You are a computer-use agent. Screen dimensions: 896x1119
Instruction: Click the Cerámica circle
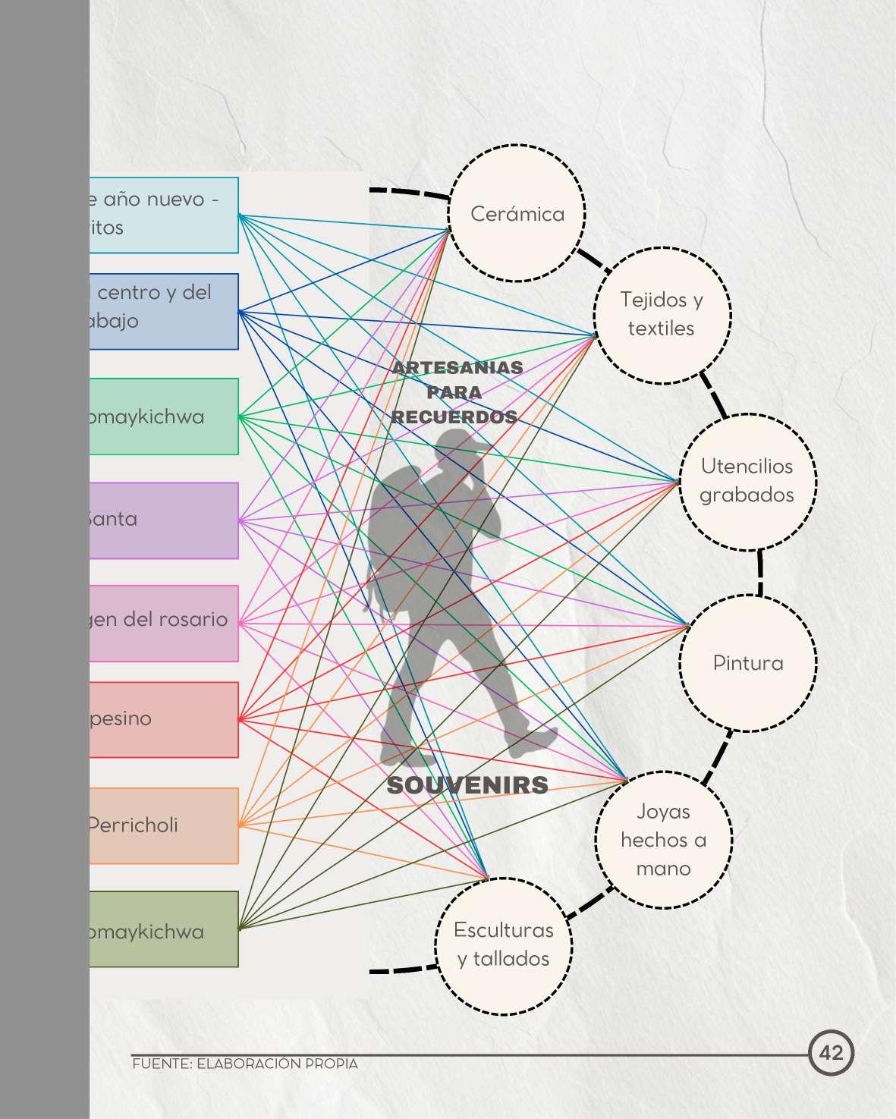click(517, 213)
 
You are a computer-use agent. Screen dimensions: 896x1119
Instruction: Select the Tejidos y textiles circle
click(662, 314)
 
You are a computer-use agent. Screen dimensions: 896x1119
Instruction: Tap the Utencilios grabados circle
click(747, 481)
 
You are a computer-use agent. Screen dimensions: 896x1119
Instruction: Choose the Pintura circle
click(748, 663)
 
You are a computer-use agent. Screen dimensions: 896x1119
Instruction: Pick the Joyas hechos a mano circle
click(663, 840)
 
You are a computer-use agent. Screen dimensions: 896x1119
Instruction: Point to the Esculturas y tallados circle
click(504, 945)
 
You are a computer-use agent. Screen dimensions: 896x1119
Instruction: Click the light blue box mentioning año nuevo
click(164, 215)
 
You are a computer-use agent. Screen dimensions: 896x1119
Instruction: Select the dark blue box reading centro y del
click(164, 311)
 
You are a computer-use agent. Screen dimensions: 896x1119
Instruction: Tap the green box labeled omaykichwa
click(164, 416)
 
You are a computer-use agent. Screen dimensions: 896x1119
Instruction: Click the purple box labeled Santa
click(164, 520)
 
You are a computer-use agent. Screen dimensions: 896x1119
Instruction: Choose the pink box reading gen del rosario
click(164, 623)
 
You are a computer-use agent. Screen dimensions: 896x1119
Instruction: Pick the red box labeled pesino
click(164, 719)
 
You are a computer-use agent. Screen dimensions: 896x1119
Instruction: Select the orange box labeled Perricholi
click(164, 825)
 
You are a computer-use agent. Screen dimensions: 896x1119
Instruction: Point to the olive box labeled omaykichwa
click(164, 929)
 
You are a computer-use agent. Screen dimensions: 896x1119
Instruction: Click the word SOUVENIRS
click(467, 785)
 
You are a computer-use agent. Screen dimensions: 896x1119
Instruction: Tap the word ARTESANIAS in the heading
click(457, 368)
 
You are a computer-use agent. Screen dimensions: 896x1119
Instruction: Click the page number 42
click(832, 1053)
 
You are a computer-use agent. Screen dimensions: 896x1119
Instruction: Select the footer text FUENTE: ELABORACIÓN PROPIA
click(244, 1064)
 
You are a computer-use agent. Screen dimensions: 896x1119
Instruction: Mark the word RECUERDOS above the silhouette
click(454, 417)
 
